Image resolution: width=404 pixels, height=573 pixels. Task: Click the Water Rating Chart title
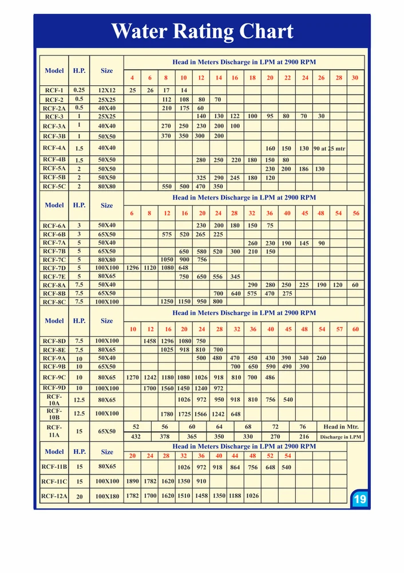click(202, 31)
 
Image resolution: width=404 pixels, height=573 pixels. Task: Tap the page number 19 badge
click(359, 499)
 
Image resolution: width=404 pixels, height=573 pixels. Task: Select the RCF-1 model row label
click(54, 90)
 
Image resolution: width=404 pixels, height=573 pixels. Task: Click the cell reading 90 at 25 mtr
click(329, 148)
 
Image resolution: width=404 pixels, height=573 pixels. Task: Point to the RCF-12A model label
click(54, 496)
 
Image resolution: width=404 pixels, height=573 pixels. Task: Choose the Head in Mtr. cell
click(341, 427)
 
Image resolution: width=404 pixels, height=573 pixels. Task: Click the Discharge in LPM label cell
click(341, 437)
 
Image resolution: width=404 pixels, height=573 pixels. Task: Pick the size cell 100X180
click(107, 496)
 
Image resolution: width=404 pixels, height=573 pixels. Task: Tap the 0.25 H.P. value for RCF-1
click(79, 90)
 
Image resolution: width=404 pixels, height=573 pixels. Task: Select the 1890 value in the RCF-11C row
click(132, 481)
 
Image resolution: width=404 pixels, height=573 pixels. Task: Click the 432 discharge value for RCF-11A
click(136, 437)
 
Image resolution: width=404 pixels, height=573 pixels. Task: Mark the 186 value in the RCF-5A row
click(303, 169)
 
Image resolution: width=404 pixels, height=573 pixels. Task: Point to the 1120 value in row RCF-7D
click(150, 268)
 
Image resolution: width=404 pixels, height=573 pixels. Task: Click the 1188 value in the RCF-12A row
click(235, 496)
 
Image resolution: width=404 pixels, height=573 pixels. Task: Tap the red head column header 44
click(235, 456)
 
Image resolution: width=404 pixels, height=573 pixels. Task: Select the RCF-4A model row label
click(54, 148)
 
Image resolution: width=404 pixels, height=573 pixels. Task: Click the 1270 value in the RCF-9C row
click(132, 378)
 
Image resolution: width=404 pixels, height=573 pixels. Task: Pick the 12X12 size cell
click(107, 90)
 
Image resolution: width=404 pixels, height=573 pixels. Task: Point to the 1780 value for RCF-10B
click(167, 414)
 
